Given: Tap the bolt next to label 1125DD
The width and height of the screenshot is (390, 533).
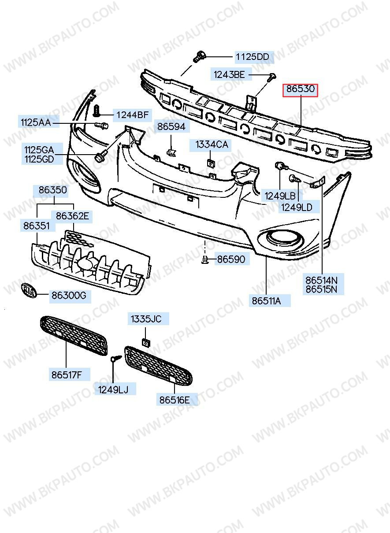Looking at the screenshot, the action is [199, 57].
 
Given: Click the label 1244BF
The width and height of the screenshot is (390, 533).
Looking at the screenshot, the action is [132, 115].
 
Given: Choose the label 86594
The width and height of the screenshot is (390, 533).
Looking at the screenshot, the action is [172, 126].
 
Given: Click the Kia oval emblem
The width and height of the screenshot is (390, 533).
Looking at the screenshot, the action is [29, 290].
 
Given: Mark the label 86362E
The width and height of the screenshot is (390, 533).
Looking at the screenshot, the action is [72, 216].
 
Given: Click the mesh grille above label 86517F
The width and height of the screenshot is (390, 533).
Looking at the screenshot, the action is [74, 336].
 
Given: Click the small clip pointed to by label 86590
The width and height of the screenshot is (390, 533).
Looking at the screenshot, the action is [205, 259].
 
